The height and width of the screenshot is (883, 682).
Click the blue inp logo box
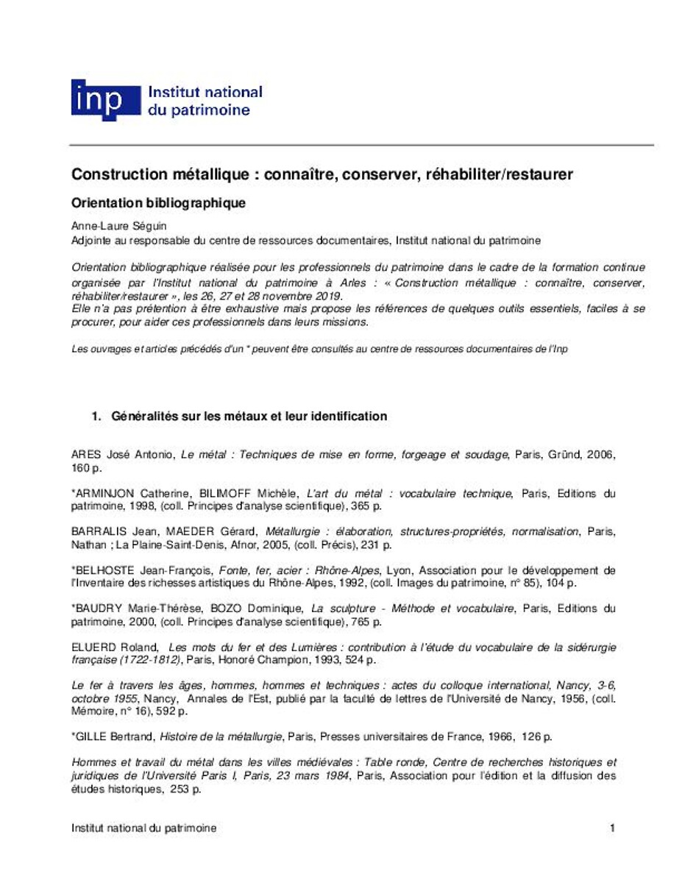pos(104,101)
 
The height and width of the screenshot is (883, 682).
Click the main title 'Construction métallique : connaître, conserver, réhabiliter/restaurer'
pos(322,175)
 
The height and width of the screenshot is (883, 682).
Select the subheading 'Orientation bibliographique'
pos(158,202)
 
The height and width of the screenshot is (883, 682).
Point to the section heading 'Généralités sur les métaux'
pos(249,416)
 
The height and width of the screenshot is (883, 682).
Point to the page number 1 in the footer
pos(611,829)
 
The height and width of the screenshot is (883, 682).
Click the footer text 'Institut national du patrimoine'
pos(144,829)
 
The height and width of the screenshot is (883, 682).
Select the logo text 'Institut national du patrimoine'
pos(205,102)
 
